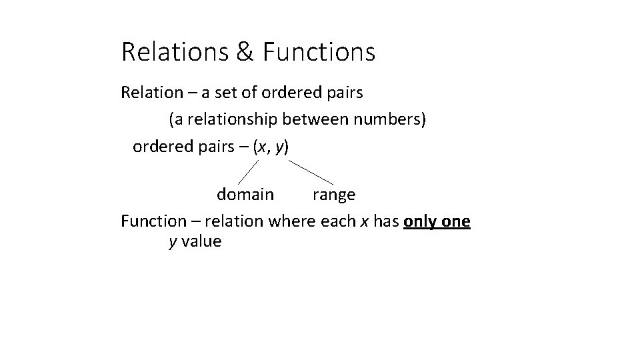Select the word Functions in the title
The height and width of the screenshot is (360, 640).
click(319, 52)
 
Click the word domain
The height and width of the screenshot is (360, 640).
click(245, 195)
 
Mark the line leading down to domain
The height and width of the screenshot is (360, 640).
click(249, 171)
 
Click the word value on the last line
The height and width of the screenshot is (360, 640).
click(201, 241)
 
